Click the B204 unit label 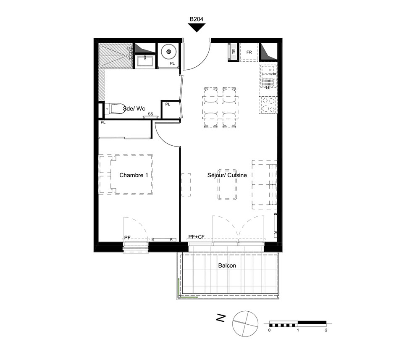196,19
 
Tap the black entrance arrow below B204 197,27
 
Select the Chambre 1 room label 134,175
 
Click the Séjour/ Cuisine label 227,175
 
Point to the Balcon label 227,265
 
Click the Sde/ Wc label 134,108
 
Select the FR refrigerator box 249,52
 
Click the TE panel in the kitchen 233,52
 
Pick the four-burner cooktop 268,105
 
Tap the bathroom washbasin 145,61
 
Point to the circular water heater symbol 169,52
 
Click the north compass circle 245,323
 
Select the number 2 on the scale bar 326,330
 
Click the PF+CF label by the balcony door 196,237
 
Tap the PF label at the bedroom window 127,238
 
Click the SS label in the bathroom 150,114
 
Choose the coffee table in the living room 227,184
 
